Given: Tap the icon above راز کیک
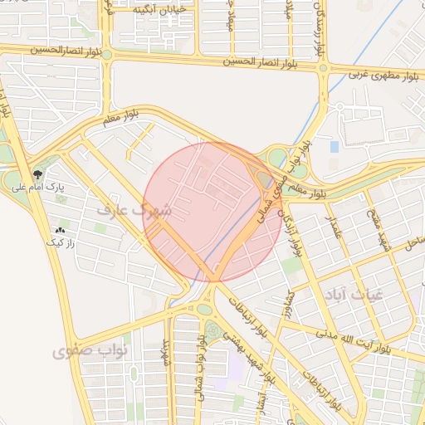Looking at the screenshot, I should click(59, 230).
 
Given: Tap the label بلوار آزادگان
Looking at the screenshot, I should click(296, 237).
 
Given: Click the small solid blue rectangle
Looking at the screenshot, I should click(335, 147).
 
